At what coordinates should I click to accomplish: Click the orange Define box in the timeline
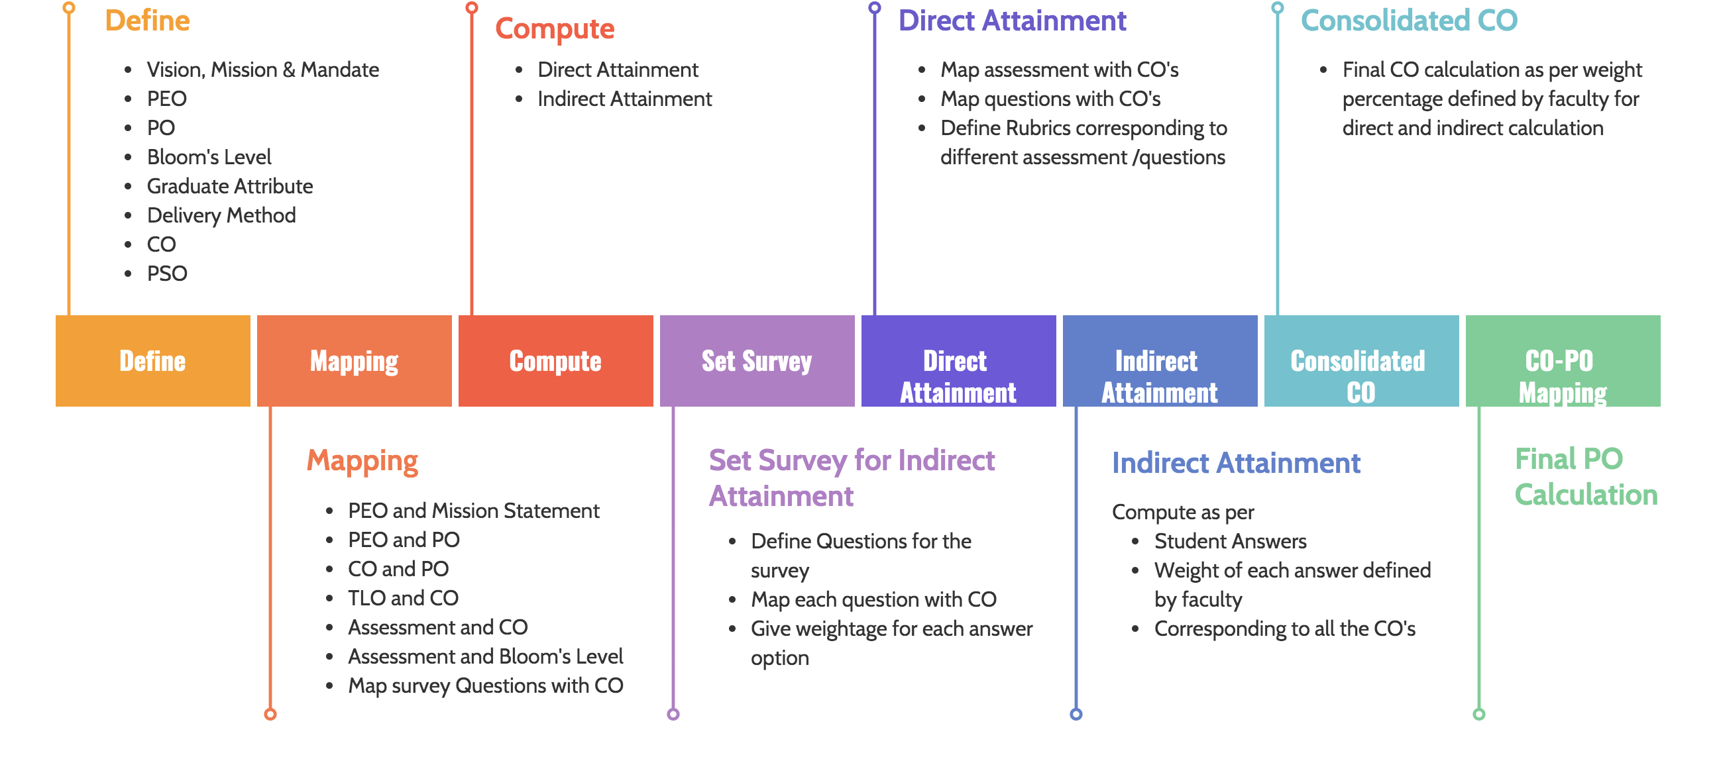pyautogui.click(x=153, y=361)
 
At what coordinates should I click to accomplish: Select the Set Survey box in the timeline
pyautogui.click(x=757, y=361)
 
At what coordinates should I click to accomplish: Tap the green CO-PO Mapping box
pyautogui.click(x=1563, y=361)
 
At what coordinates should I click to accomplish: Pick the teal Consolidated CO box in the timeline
pyautogui.click(x=1361, y=361)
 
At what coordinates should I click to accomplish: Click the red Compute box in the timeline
pyautogui.click(x=555, y=361)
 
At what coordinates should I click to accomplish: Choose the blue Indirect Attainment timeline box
pyautogui.click(x=1160, y=361)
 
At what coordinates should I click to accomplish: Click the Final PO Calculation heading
pyautogui.click(x=1586, y=477)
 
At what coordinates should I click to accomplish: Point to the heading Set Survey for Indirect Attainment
pyautogui.click(x=852, y=478)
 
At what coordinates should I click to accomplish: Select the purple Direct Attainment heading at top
pyautogui.click(x=1012, y=21)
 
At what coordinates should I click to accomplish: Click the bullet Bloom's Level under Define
pyautogui.click(x=209, y=157)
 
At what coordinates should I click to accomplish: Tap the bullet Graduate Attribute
pyautogui.click(x=229, y=186)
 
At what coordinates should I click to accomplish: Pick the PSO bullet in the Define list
pyautogui.click(x=167, y=274)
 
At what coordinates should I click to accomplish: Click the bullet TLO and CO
pyautogui.click(x=403, y=598)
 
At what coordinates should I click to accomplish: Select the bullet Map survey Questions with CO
pyautogui.click(x=485, y=685)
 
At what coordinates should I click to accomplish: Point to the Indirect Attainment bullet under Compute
pyautogui.click(x=625, y=99)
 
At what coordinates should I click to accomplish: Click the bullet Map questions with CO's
pyautogui.click(x=1050, y=99)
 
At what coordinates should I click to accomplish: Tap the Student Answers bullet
pyautogui.click(x=1230, y=541)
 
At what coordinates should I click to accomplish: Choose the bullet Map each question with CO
pyautogui.click(x=873, y=599)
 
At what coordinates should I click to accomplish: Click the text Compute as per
pyautogui.click(x=1182, y=512)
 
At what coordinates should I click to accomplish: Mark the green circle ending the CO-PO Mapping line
pyautogui.click(x=1478, y=715)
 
